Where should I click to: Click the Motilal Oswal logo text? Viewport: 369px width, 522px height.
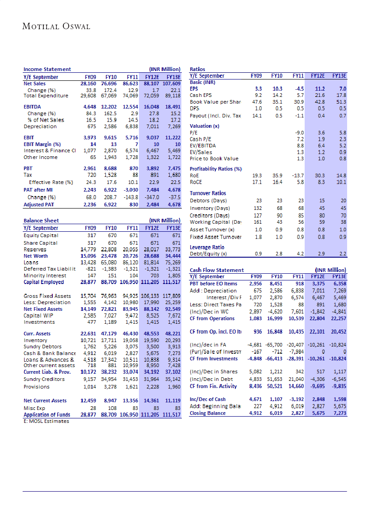(56, 26)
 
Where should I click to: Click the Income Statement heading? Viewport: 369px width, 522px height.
(47, 69)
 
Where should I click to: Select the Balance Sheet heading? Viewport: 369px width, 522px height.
(41, 221)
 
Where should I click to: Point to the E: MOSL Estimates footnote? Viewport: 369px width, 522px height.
(46, 421)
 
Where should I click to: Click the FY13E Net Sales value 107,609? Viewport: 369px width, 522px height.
(170, 83)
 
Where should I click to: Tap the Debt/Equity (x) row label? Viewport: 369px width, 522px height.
(208, 254)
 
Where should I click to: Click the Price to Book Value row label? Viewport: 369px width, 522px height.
(214, 159)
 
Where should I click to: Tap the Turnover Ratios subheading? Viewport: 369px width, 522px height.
(208, 193)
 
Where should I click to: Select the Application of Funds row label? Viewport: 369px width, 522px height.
(47, 415)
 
